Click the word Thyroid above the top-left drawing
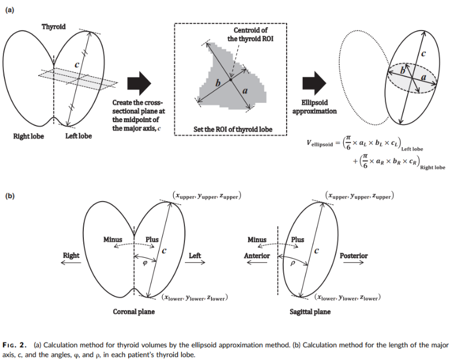(x=53, y=27)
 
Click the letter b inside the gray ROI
(x=218, y=82)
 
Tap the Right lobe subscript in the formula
(x=433, y=167)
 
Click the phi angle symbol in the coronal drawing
(x=145, y=263)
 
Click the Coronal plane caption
(x=134, y=312)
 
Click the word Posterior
(x=353, y=256)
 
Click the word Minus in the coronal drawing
(x=113, y=239)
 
